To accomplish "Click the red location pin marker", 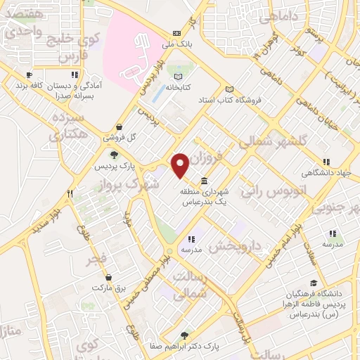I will (x=180, y=165).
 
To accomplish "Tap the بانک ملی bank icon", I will (x=176, y=33).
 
